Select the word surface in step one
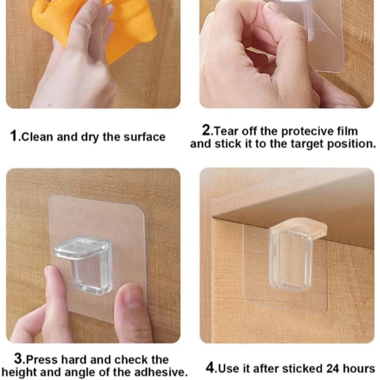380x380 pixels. tap(145, 137)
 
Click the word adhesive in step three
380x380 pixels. tap(160, 372)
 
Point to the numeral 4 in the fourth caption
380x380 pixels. tap(210, 368)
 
